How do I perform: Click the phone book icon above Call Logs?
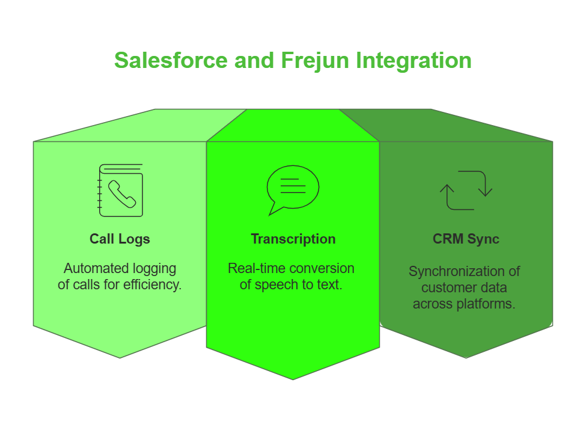[120, 190]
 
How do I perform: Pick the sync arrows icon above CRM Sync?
[466, 190]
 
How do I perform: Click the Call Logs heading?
[120, 239]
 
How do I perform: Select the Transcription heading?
[293, 239]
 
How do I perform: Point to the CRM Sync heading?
[466, 239]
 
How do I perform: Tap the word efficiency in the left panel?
[152, 284]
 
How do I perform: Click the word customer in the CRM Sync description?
[447, 287]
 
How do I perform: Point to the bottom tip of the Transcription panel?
[293, 378]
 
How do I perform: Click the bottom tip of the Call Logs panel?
[120, 356]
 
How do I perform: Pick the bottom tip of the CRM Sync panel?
[466, 356]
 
